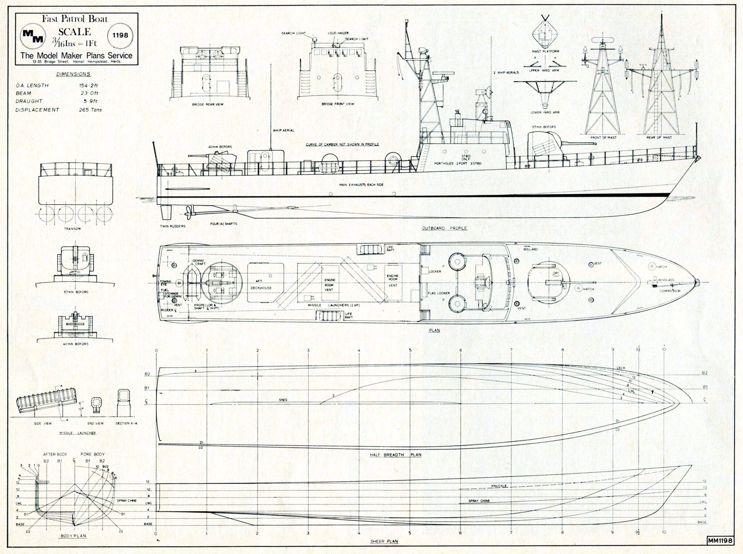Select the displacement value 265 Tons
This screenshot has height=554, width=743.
tap(90, 110)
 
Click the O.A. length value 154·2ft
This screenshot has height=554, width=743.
tap(88, 85)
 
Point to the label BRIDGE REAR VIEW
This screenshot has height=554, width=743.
tap(208, 104)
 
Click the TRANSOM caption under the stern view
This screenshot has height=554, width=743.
tap(72, 229)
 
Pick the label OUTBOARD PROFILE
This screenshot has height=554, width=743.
tap(444, 228)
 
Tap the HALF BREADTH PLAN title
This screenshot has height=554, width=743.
tap(395, 455)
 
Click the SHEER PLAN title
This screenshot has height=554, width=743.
tap(384, 541)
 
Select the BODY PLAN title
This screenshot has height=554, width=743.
tap(73, 536)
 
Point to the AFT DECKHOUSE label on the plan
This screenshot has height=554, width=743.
tap(261, 284)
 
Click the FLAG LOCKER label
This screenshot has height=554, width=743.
tap(439, 293)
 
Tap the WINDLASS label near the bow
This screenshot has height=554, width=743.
tap(666, 280)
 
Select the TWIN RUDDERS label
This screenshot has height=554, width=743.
tap(173, 226)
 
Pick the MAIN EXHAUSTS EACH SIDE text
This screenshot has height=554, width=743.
tap(361, 185)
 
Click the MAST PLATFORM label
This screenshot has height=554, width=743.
tap(545, 52)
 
